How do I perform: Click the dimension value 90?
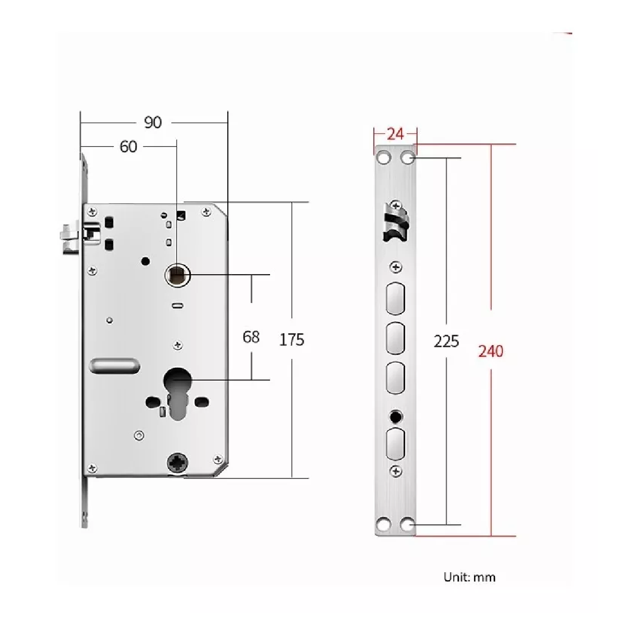tap(153, 123)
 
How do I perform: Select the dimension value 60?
tap(128, 147)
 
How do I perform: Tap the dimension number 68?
tap(251, 337)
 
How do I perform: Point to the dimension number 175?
tap(291, 340)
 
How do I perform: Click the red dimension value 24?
tap(395, 134)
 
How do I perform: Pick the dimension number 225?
tap(446, 341)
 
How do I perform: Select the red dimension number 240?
tap(491, 351)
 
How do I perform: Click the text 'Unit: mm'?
tap(469, 577)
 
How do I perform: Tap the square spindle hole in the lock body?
tap(178, 275)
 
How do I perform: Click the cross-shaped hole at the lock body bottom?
tap(178, 462)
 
